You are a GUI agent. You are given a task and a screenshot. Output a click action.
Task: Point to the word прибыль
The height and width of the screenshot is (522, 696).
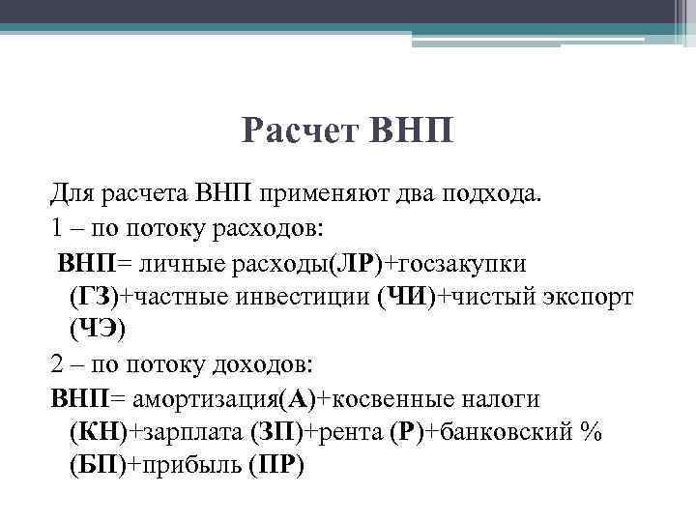[183, 465]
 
